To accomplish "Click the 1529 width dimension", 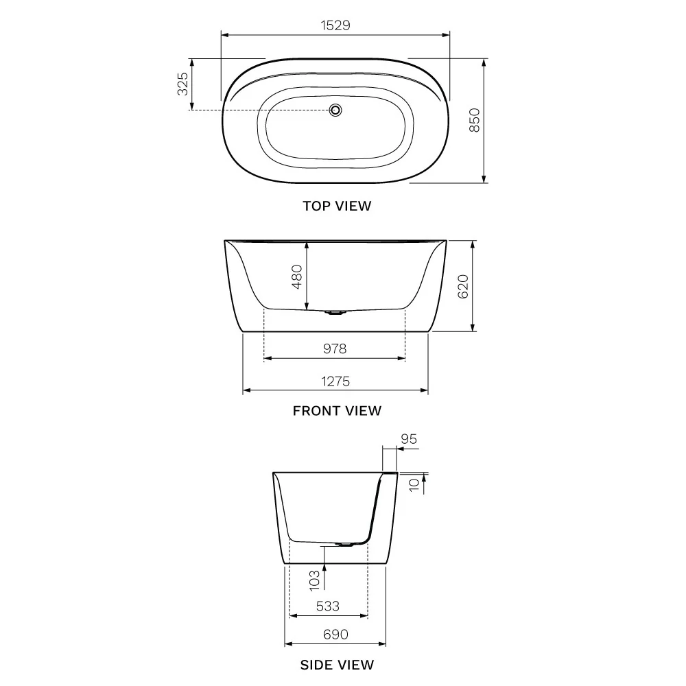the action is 335,25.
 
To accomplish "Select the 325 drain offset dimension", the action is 182,84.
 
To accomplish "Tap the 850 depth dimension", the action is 474,120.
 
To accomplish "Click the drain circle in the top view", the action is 335,110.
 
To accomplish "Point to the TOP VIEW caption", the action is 337,206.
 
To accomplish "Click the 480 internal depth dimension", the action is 296,276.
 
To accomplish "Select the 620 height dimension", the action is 462,287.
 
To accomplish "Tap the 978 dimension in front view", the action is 335,348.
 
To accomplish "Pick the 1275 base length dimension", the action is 335,381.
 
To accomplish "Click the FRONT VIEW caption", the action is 337,411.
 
